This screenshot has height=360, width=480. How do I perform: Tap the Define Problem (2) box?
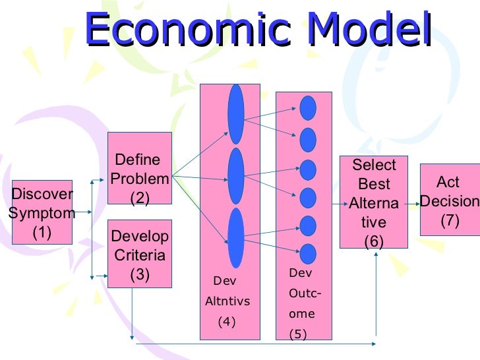tap(140, 168)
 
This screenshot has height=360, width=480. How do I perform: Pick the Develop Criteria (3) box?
tap(140, 254)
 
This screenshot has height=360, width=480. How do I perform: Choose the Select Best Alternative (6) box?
tap(373, 202)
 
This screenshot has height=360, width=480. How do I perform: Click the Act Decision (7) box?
tap(450, 200)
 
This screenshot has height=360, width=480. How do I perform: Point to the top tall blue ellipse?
tap(236, 114)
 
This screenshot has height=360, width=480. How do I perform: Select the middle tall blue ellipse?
tap(236, 176)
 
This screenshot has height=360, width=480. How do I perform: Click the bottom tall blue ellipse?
tap(236, 237)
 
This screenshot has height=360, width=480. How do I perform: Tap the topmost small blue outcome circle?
tap(308, 107)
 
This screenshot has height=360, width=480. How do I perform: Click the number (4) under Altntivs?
tap(226, 322)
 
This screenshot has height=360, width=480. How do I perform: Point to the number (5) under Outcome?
tap(298, 334)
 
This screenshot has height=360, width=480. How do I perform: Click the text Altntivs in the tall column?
tap(227, 302)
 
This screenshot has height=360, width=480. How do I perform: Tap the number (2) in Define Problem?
tap(140, 197)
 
